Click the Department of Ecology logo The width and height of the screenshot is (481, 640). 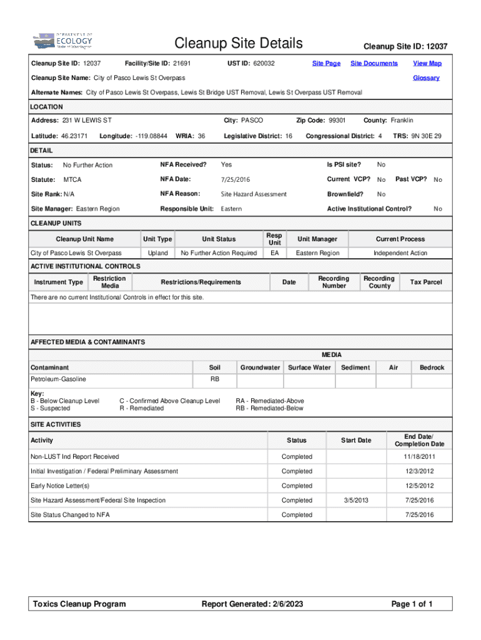coord(62,41)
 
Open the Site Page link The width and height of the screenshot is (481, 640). coord(326,63)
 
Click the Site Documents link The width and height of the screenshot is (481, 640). coord(374,63)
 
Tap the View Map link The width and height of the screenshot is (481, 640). coord(427,63)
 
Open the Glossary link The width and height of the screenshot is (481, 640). coord(426,78)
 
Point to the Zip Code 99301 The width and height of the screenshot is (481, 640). coord(337,120)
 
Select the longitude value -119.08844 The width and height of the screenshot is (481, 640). coord(151,136)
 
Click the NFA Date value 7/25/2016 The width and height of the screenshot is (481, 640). coord(235,180)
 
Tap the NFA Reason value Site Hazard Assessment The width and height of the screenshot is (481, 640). coord(254,194)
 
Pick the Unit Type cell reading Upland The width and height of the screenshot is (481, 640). coord(157,253)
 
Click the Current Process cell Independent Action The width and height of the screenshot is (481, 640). coord(400,253)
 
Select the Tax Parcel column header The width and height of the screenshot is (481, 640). coord(425,282)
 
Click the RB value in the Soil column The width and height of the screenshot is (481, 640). coord(214,379)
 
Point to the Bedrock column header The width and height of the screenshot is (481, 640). coord(432,367)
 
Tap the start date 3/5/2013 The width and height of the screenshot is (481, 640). coord(356,500)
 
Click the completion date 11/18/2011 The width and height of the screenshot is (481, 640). coord(419,457)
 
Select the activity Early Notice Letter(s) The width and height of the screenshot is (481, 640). coord(60,486)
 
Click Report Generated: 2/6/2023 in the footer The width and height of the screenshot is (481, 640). coord(252,604)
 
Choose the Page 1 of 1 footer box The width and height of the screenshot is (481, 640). coord(412,604)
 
